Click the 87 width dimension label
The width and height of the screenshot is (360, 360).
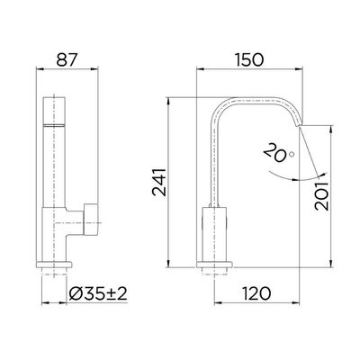click(67, 59)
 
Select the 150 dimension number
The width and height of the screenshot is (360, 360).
click(249, 59)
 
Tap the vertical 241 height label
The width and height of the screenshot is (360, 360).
click(159, 183)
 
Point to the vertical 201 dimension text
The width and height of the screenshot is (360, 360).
click(322, 196)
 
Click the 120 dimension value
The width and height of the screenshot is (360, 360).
click(256, 293)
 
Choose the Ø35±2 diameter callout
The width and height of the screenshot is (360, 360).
click(98, 293)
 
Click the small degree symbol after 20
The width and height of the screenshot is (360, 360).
click(292, 154)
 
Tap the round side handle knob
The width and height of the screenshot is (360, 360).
click(91, 220)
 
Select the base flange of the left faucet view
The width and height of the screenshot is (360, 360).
click(54, 265)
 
